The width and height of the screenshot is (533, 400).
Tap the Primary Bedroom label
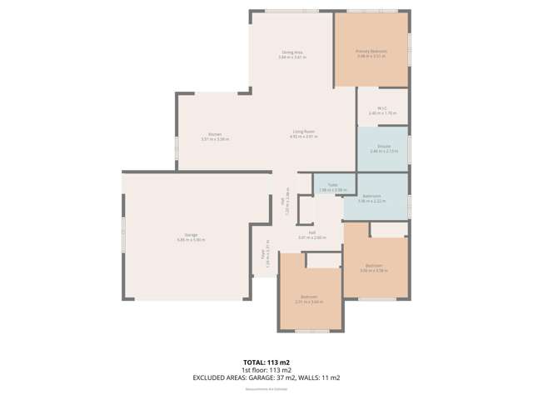click(371, 51)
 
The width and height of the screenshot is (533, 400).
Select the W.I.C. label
click(382, 107)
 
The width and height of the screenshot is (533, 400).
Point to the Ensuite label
click(382, 147)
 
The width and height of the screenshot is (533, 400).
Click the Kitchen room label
click(214, 134)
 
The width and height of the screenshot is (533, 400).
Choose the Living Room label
click(303, 132)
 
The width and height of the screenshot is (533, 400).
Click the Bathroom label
click(372, 197)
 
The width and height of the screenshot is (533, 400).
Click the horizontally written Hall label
click(311, 234)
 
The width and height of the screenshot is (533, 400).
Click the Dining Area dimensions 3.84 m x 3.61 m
click(291, 57)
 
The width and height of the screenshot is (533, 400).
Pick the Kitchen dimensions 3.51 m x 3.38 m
click(214, 139)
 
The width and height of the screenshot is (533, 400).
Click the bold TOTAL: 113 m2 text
click(266, 362)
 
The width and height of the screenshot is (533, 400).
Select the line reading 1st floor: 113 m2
click(266, 370)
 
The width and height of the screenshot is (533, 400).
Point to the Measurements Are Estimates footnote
click(266, 388)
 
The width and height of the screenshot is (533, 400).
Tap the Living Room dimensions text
click(303, 137)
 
